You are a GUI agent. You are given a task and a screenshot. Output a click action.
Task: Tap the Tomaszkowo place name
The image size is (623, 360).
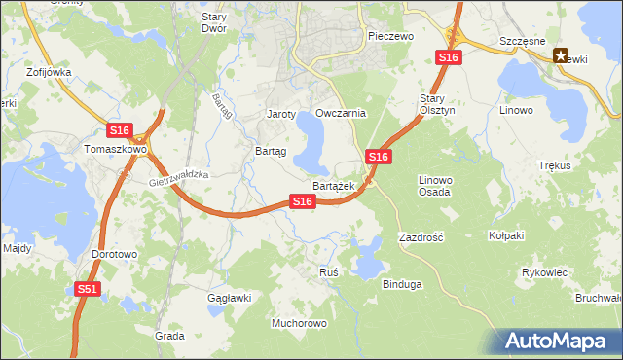(x=115, y=150)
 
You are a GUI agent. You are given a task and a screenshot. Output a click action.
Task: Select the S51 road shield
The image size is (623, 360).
(x=88, y=289)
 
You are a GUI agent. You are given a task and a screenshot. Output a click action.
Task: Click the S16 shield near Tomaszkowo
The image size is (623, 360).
(x=119, y=130)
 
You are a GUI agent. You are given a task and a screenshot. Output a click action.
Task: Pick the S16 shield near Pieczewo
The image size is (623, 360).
(x=448, y=58)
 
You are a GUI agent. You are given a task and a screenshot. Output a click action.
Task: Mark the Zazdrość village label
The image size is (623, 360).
(x=421, y=237)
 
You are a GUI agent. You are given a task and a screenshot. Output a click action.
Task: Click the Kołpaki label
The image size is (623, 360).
(x=506, y=235)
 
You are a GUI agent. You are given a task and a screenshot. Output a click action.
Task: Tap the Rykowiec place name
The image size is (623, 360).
(x=544, y=272)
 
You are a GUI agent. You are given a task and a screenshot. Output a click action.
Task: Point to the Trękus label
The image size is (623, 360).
(x=554, y=166)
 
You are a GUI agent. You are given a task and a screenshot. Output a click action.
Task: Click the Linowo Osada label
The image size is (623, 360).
(x=434, y=185)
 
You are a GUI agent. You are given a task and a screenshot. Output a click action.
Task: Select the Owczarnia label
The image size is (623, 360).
(x=340, y=113)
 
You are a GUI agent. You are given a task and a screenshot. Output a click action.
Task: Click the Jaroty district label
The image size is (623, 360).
(x=281, y=114)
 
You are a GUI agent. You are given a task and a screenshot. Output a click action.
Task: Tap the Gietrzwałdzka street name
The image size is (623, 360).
(x=181, y=176)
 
